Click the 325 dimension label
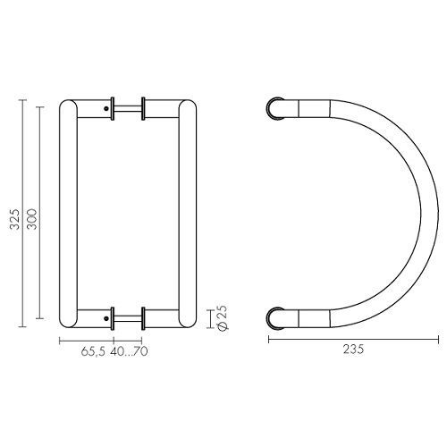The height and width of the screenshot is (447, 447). pyautogui.click(x=14, y=219)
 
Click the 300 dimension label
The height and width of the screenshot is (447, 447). pyautogui.click(x=31, y=219)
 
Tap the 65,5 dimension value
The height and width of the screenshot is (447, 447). pyautogui.click(x=93, y=351)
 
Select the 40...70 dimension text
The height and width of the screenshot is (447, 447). pyautogui.click(x=129, y=351)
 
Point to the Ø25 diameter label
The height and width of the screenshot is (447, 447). pyautogui.click(x=223, y=318)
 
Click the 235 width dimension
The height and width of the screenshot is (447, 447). pyautogui.click(x=353, y=350)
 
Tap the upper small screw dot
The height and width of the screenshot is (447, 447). pyautogui.click(x=106, y=109)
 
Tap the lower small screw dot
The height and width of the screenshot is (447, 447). pyautogui.click(x=106, y=318)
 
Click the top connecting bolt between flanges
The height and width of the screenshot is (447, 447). pyautogui.click(x=128, y=109)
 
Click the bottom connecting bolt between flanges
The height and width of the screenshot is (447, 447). pyautogui.click(x=128, y=318)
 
